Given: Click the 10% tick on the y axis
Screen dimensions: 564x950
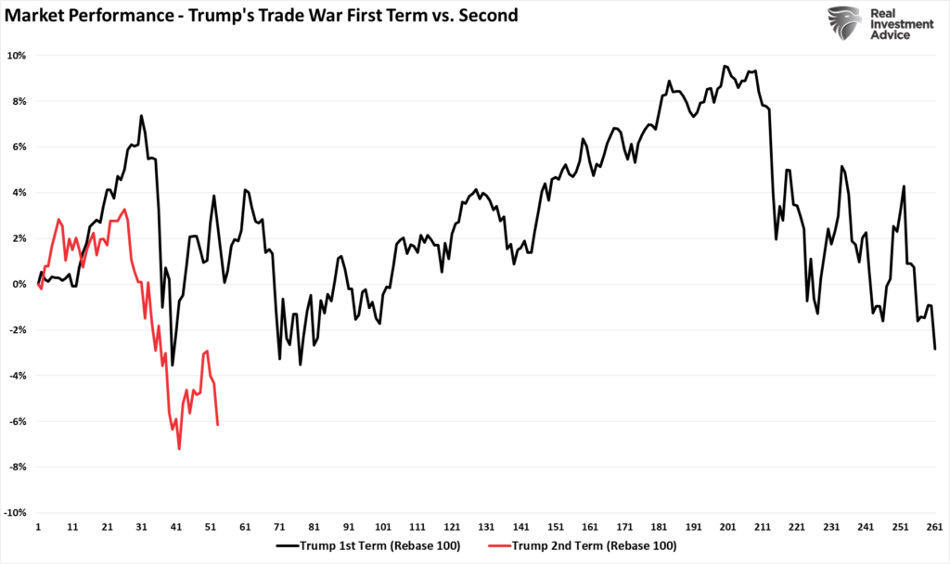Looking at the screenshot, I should pos(17,56).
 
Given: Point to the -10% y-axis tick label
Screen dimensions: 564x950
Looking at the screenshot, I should pos(16,513).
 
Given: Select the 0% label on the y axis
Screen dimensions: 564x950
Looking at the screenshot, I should pos(19,285).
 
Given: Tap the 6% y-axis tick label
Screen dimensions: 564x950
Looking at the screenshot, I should pos(19,147).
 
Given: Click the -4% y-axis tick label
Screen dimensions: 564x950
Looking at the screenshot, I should pos(18,376).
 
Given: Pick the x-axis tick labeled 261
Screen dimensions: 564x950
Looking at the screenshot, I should pos(934,527).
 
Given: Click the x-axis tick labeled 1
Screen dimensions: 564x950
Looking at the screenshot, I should pos(38,527).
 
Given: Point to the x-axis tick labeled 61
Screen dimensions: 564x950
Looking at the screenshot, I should pos(245,527).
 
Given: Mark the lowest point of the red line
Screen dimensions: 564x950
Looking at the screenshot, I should pos(179,449).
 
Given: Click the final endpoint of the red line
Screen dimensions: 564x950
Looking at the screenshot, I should pos(217,425).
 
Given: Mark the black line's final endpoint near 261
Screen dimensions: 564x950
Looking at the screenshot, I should pos(935,349).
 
